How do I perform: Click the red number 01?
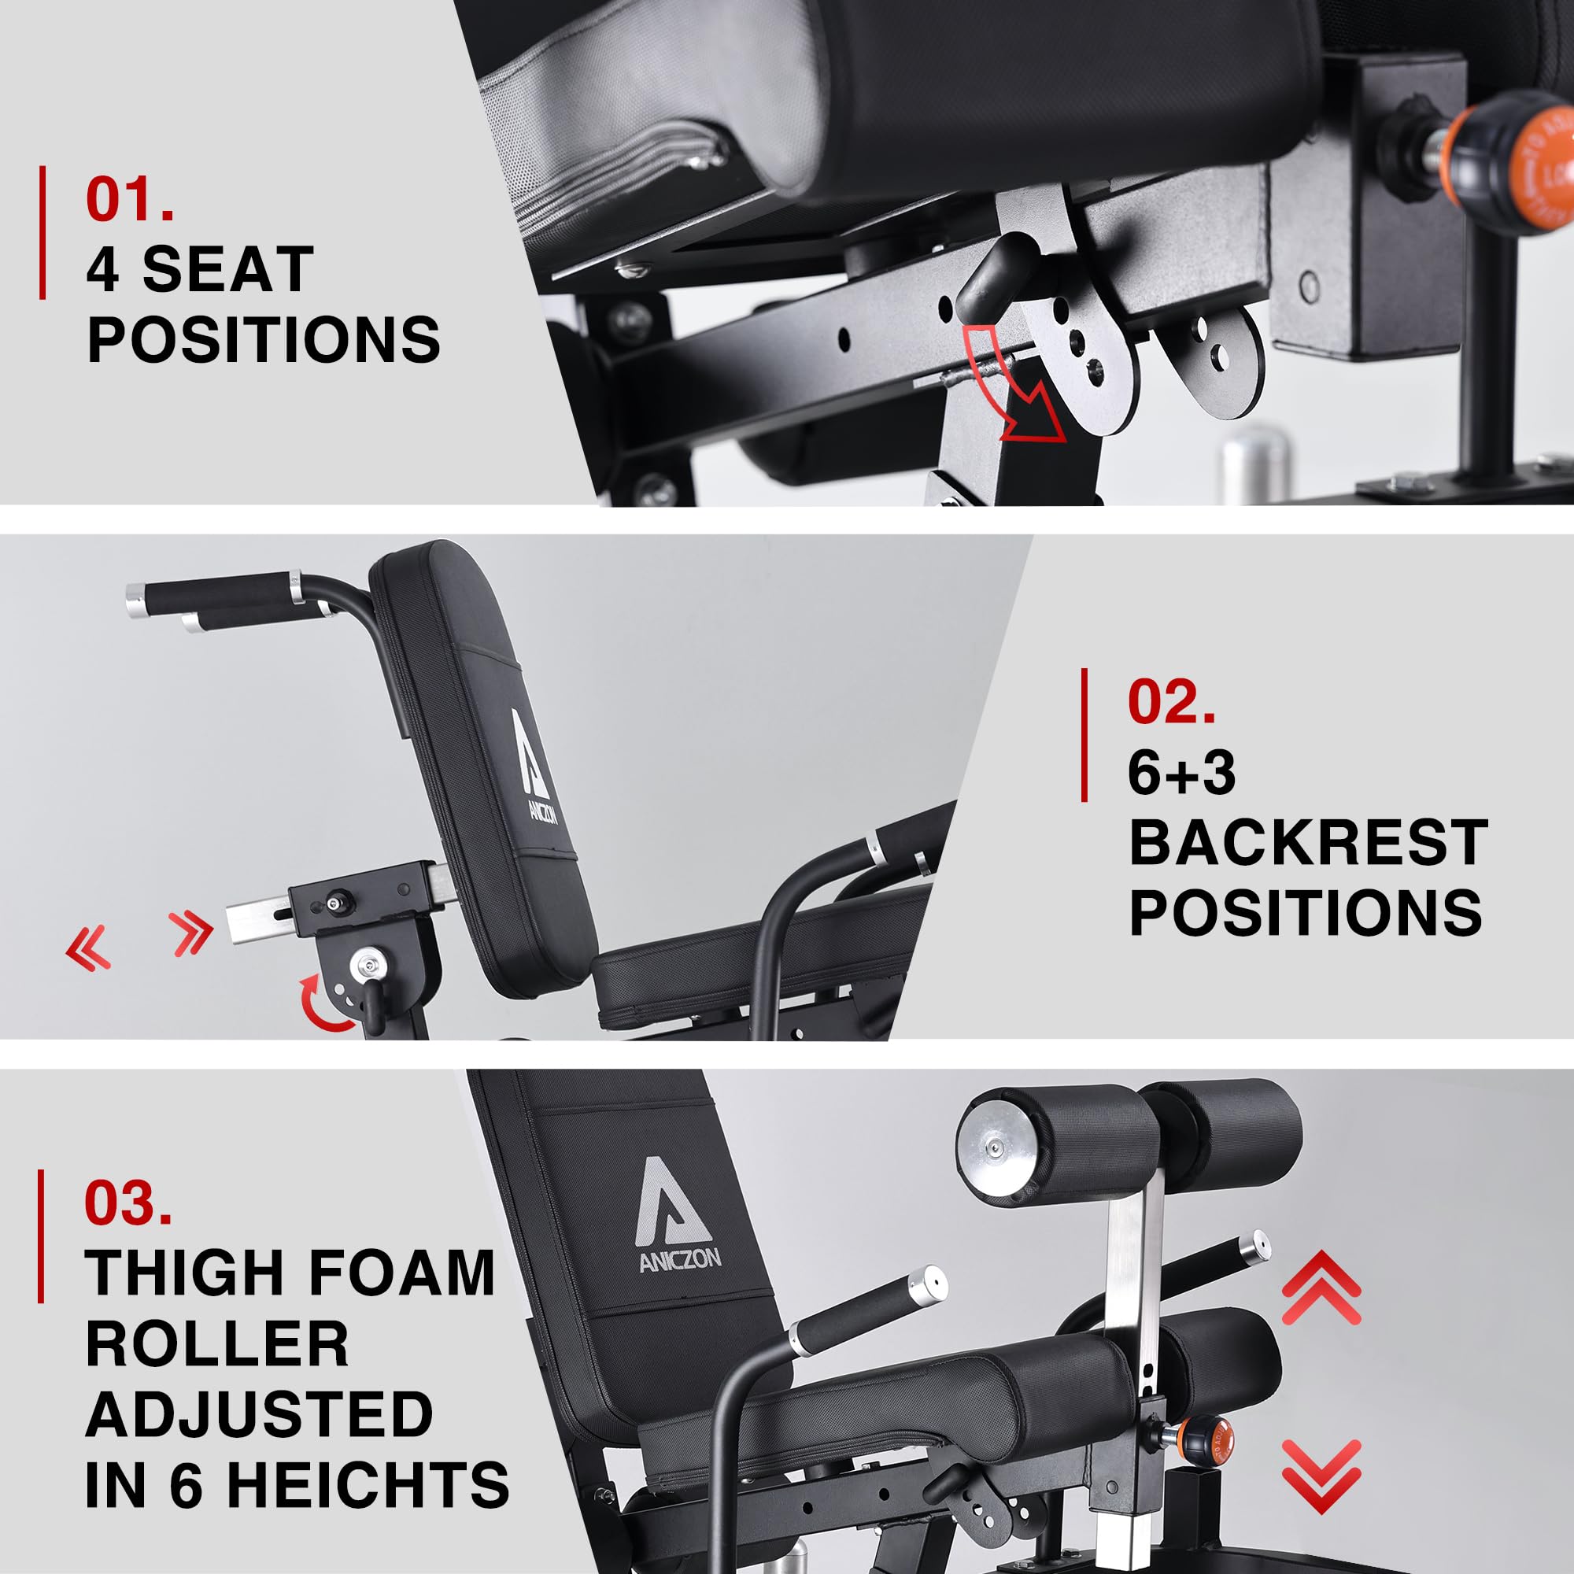[130, 198]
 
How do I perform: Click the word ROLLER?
[216, 1343]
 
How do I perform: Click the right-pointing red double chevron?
[191, 933]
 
